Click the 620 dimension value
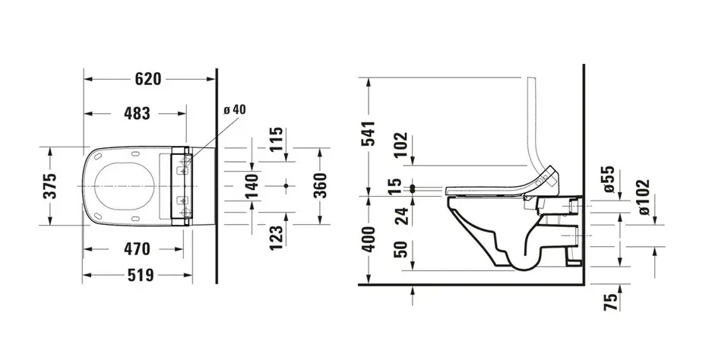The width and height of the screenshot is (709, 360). point(148,79)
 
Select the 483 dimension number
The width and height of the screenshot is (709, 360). point(137,113)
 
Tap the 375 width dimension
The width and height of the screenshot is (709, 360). point(49,185)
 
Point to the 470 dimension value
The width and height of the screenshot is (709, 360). point(137,249)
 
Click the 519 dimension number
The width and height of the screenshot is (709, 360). point(141,275)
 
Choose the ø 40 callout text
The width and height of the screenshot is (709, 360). point(235,109)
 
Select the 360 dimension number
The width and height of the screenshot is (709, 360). point(320,185)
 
